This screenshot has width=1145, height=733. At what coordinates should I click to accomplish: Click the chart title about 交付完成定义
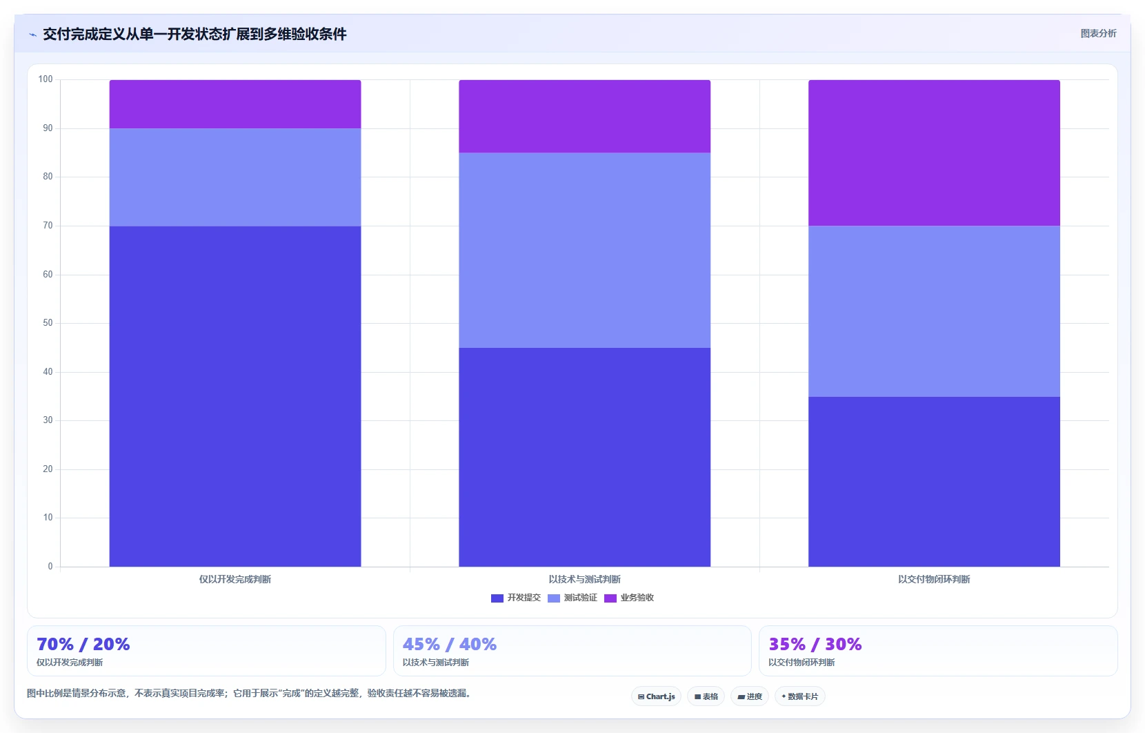pyautogui.click(x=195, y=35)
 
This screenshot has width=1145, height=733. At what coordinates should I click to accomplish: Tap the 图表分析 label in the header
pyautogui.click(x=1098, y=34)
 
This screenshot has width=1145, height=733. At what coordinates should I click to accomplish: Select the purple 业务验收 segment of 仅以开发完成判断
pyautogui.click(x=235, y=104)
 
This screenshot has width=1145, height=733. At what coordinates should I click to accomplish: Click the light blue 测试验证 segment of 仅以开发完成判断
pyautogui.click(x=235, y=177)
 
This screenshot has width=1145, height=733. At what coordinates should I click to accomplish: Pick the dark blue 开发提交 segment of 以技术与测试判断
pyautogui.click(x=585, y=458)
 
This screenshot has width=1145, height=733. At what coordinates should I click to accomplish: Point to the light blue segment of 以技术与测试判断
pyautogui.click(x=585, y=250)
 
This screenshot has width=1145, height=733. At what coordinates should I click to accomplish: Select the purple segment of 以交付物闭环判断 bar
pyautogui.click(x=934, y=153)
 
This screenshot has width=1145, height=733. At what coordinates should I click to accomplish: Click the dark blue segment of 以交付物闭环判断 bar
pyautogui.click(x=934, y=482)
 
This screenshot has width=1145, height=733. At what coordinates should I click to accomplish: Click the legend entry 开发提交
pyautogui.click(x=516, y=598)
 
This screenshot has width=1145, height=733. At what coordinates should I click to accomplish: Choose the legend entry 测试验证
pyautogui.click(x=572, y=598)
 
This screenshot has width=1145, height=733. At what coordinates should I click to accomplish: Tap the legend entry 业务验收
pyautogui.click(x=629, y=598)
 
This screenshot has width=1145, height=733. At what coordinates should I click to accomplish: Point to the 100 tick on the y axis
pyautogui.click(x=46, y=79)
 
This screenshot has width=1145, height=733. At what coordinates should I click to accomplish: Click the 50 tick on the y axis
pyautogui.click(x=48, y=323)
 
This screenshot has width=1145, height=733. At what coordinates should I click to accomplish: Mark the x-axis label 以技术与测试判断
pyautogui.click(x=585, y=580)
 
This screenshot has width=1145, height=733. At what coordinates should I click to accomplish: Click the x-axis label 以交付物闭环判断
pyautogui.click(x=934, y=580)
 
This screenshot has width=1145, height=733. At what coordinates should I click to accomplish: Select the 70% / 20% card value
pyautogui.click(x=83, y=644)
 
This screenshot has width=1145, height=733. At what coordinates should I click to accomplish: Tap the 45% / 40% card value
pyautogui.click(x=449, y=644)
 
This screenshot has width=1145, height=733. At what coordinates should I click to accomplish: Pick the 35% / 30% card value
pyautogui.click(x=815, y=644)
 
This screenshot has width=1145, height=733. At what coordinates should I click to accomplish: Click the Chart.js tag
pyautogui.click(x=657, y=696)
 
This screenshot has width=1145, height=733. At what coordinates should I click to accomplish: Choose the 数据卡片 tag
pyautogui.click(x=800, y=696)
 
